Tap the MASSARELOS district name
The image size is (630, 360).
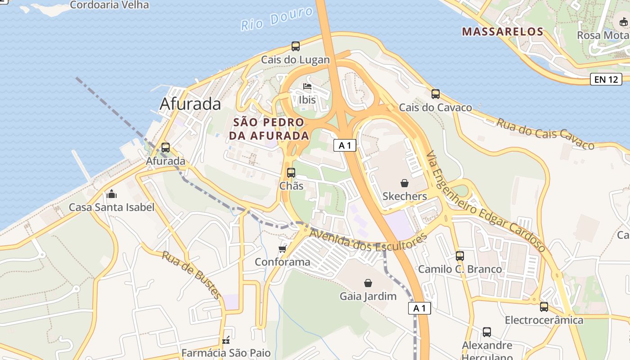click(x=503, y=31)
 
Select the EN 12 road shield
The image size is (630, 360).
click(x=606, y=80)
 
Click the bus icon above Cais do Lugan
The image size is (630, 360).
click(x=296, y=46)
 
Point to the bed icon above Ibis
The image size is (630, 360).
click(x=307, y=86)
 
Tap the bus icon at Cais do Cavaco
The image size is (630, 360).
click(x=435, y=94)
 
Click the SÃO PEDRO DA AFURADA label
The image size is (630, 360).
click(x=269, y=129)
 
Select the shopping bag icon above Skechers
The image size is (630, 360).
click(x=405, y=183)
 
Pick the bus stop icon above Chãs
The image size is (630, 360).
click(x=291, y=172)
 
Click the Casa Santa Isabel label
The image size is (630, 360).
click(x=111, y=207)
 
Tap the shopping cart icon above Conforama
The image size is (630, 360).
click(x=282, y=249)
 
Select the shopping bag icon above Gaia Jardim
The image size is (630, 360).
click(x=368, y=283)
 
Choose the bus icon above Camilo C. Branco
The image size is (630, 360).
click(x=459, y=256)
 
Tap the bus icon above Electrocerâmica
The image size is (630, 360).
click(x=544, y=307)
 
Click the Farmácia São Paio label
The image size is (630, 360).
click(x=226, y=352)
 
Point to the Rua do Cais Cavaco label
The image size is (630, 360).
click(x=545, y=133)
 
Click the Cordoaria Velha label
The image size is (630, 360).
click(x=109, y=5)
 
